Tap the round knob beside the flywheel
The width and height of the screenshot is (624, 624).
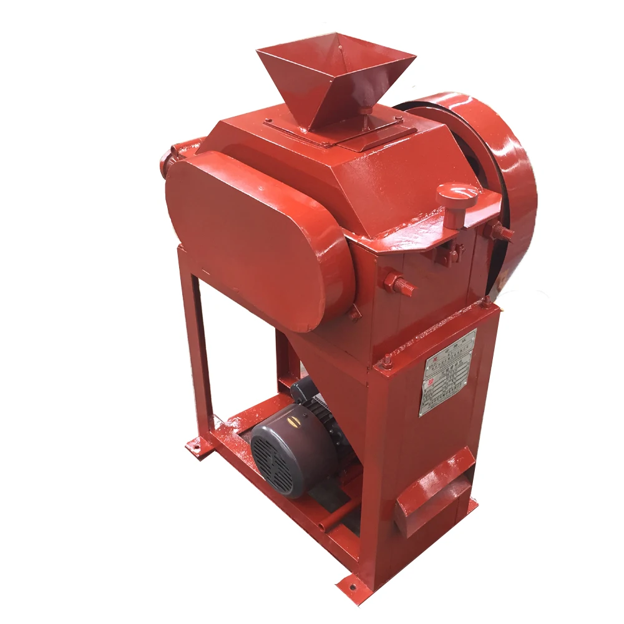point(457,196)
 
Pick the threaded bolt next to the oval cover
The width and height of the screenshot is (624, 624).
point(399,284)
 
